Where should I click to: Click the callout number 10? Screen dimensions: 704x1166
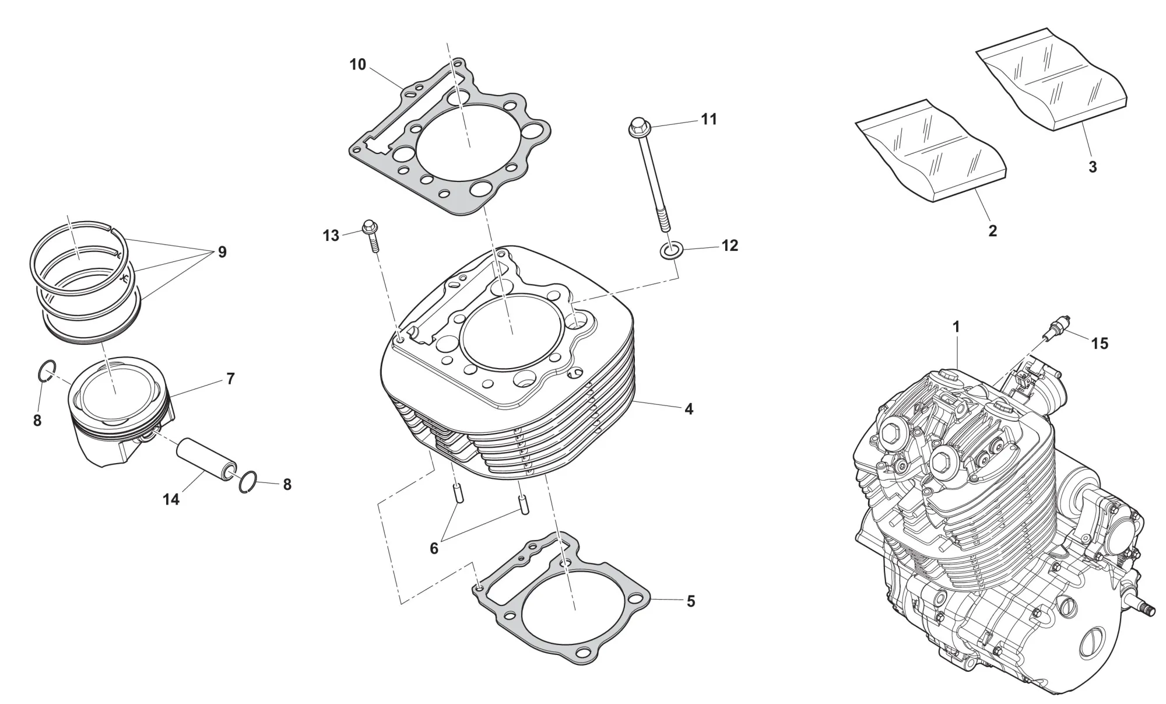[x=357, y=65]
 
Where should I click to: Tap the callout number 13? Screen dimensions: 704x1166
[x=331, y=236]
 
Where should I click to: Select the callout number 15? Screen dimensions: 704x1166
[x=1100, y=344]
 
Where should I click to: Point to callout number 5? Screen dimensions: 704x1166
[x=690, y=601]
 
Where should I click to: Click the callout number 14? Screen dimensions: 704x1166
[x=171, y=499]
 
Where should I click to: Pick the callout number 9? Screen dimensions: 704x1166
[x=222, y=252]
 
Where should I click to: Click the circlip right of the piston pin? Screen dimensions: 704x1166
[x=247, y=481]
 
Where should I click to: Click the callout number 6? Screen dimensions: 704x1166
[x=434, y=548]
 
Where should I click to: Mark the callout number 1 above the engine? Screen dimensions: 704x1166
[x=956, y=327]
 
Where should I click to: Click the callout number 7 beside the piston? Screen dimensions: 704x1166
[x=230, y=379]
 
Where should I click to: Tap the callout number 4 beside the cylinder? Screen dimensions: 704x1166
[x=689, y=409]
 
